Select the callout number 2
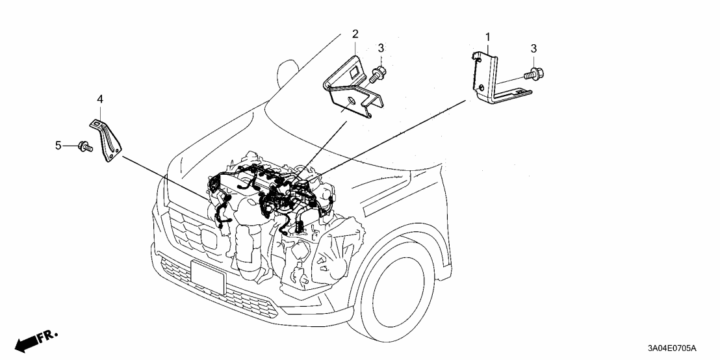pos(355,33)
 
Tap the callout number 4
pos(100,99)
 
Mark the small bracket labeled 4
pos(107,138)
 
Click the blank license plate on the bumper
pos(208,276)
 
